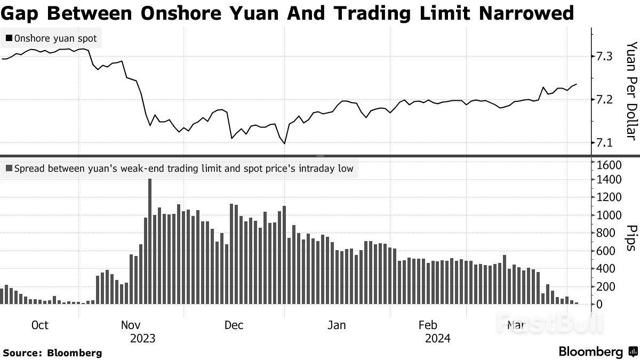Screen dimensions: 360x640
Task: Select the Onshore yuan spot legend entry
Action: click(50, 38)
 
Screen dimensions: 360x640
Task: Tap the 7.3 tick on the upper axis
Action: click(603, 56)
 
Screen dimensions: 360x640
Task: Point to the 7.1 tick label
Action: click(603, 142)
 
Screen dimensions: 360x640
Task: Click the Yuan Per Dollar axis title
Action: click(630, 91)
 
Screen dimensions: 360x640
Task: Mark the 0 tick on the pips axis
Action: click(600, 305)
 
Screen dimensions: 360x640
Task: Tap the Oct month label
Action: click(40, 325)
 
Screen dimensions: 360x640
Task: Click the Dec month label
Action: click(234, 325)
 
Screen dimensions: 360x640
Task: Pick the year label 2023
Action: click(142, 338)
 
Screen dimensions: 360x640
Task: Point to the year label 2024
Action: click(437, 338)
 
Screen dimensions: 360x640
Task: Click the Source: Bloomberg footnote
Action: click(52, 353)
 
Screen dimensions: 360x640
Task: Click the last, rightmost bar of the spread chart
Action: click(577, 303)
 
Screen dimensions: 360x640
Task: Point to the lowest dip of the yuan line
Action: click(284, 143)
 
